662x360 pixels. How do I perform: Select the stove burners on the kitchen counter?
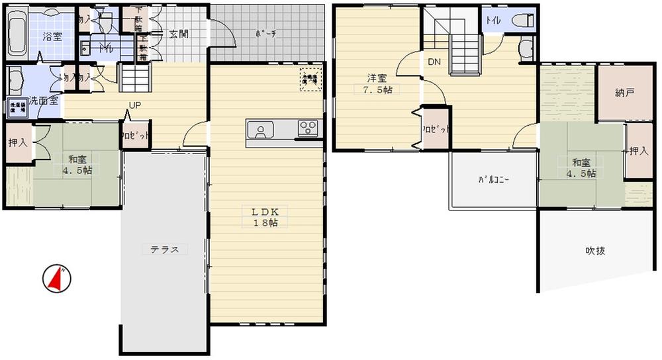tap(307, 128)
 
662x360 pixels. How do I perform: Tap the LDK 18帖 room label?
tap(268, 217)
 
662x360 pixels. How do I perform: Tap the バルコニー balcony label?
tap(493, 180)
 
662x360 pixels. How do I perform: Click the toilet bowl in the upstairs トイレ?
tap(522, 20)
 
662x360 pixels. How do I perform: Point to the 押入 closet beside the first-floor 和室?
tap(18, 142)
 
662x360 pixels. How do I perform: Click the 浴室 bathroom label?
tap(52, 36)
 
